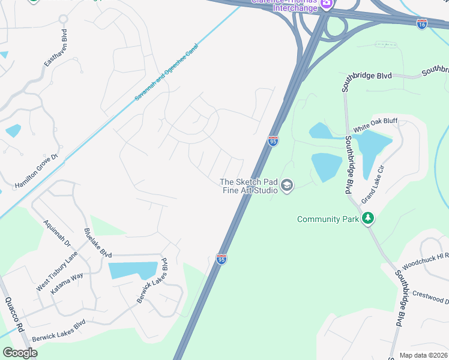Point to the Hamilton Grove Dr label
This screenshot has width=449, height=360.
[x=37, y=172]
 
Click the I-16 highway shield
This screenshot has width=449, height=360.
[x=422, y=23]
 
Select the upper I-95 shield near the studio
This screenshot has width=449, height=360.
[x=273, y=141]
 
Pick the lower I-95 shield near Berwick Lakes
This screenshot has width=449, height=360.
[x=221, y=259]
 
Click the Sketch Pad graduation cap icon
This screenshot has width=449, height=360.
[x=287, y=186]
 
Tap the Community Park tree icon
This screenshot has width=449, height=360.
[x=369, y=218]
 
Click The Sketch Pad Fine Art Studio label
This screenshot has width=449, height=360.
[x=249, y=186]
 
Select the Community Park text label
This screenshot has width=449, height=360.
[x=328, y=219]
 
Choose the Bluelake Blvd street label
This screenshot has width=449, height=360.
[x=98, y=243]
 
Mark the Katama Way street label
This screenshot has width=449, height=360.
[x=67, y=284]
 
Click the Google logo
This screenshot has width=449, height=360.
[x=20, y=352]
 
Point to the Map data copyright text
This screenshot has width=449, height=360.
[x=423, y=355]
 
